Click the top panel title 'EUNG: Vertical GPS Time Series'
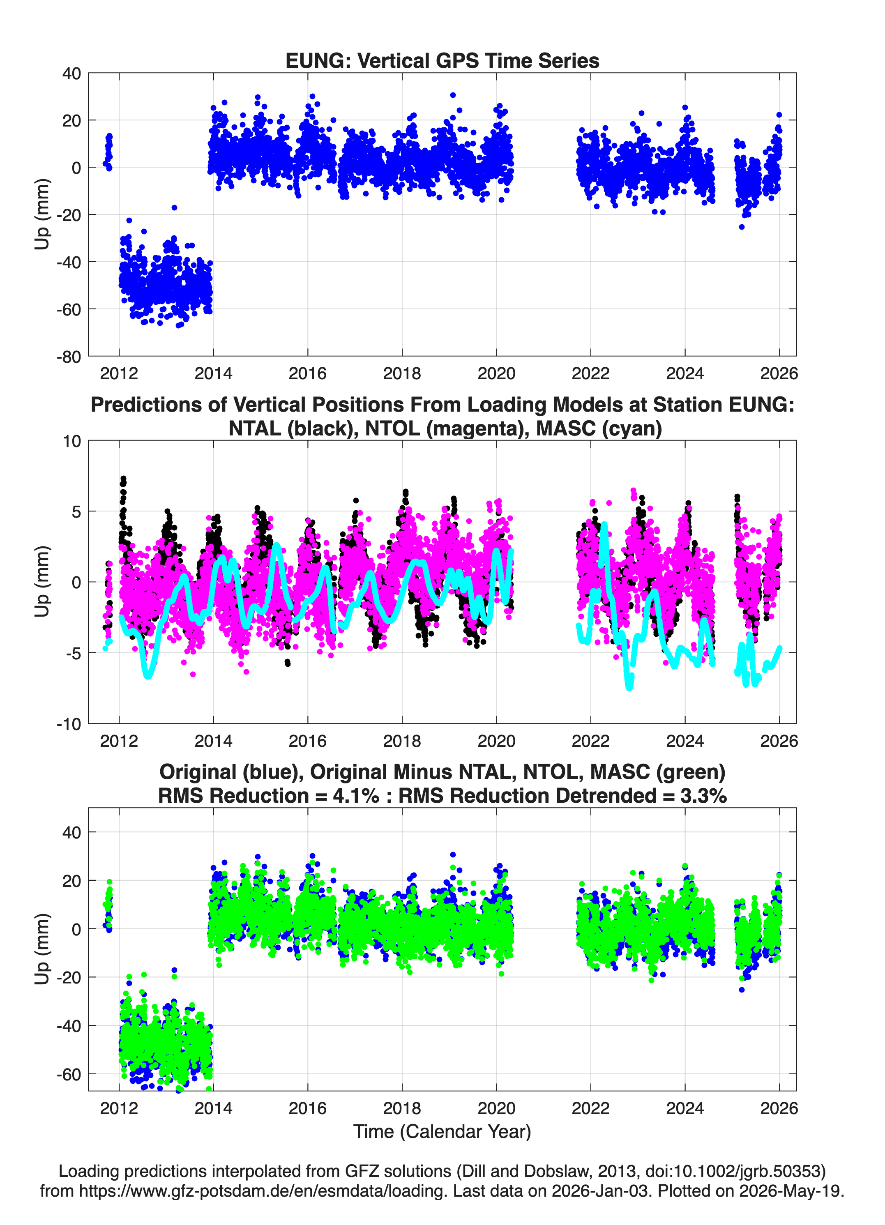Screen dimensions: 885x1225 [442, 60]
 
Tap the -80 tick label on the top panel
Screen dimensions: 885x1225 [69, 357]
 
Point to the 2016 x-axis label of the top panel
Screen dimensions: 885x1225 [307, 373]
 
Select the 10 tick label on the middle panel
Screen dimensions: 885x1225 [72, 441]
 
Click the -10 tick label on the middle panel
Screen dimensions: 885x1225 [69, 724]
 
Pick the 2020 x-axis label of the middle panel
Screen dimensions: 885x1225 [496, 741]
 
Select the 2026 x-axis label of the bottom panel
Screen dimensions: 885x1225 [779, 1108]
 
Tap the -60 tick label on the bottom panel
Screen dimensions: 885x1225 [69, 1074]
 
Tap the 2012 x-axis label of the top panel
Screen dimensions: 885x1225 [119, 373]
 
